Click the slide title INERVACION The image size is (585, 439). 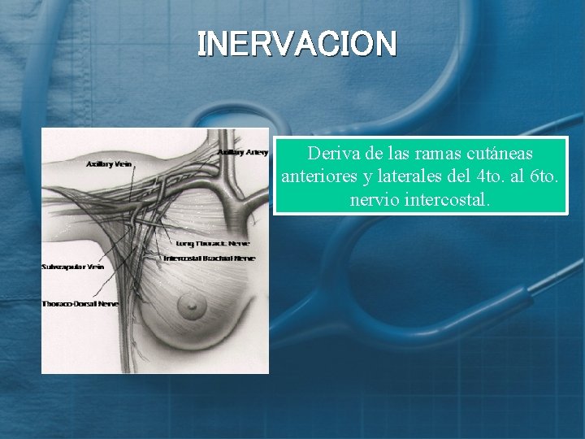point(297,44)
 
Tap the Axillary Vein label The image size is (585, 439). point(109,163)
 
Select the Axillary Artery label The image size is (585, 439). point(242,152)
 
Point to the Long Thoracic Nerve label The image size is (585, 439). point(213,243)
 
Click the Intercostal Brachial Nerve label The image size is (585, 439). point(209,259)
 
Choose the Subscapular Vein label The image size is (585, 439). point(73,267)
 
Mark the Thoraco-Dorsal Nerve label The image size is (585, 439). point(80,304)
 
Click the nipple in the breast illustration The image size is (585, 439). point(193,307)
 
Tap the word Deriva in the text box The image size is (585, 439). point(330,153)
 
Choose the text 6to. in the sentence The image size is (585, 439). point(547,176)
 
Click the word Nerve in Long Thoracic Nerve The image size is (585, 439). point(239,243)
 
